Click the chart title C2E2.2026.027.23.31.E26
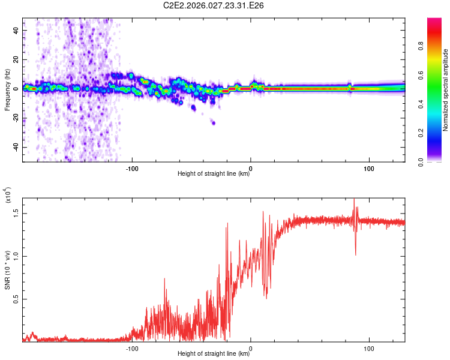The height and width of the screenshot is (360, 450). tap(214, 5)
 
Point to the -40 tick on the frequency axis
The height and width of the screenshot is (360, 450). tap(16, 147)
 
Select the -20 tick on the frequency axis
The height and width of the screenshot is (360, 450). tap(16, 118)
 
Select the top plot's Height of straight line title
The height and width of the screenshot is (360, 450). tap(214, 174)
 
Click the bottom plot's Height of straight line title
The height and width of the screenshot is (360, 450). tap(214, 353)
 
